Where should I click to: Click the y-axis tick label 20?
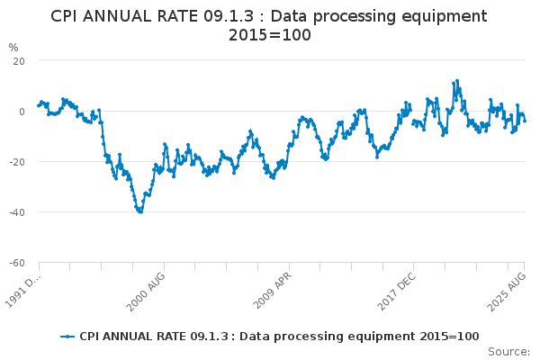click(x=19, y=60)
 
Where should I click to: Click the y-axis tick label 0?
click(x=22, y=111)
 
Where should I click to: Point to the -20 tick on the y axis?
click(x=17, y=161)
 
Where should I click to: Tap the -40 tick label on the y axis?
click(x=17, y=211)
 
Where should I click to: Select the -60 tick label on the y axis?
click(x=17, y=262)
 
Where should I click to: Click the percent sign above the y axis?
click(x=13, y=47)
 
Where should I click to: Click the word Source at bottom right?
click(x=509, y=352)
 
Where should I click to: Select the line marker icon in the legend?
click(x=67, y=337)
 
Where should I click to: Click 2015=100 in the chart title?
click(x=269, y=35)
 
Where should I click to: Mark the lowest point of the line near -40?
click(x=140, y=211)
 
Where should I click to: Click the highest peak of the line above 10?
click(x=457, y=80)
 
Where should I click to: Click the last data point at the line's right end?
click(x=525, y=121)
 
